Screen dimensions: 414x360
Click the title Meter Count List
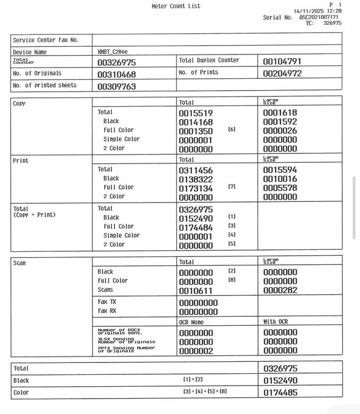pos(176,7)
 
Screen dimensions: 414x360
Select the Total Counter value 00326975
pos(117,62)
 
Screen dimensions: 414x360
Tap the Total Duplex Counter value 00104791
pos(282,61)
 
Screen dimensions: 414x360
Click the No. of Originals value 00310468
pos(117,75)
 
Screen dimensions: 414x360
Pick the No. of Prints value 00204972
pos(282,74)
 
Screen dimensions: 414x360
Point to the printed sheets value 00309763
pos(117,86)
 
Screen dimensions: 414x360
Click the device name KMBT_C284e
pos(112,52)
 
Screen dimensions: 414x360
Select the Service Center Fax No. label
pos(46,40)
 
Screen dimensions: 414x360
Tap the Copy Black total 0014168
pos(195,122)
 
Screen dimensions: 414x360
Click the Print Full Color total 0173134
pos(195,188)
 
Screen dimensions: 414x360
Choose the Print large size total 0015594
pos(280,170)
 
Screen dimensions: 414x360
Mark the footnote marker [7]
pos(232,187)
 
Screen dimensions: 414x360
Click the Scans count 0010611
pos(195,291)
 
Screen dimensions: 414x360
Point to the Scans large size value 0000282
pos(280,291)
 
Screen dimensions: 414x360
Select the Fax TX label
pos(107,301)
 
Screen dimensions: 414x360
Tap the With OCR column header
pos(276,322)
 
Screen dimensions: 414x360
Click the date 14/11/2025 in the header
pos(310,11)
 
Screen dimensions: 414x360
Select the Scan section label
pos(20,263)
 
